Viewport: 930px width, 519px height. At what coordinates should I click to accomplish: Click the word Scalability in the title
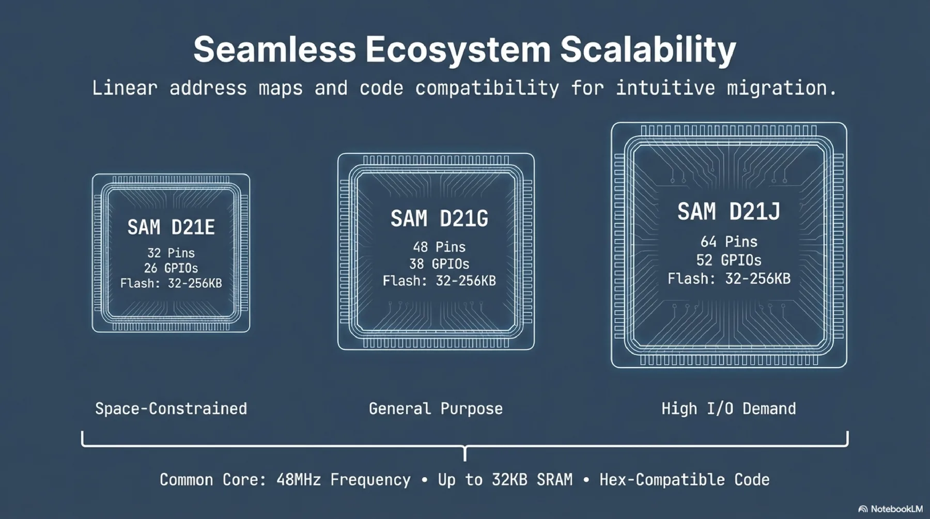[648, 50]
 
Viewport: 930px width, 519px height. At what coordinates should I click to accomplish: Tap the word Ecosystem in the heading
[458, 50]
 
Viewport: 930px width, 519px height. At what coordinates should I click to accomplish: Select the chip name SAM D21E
[171, 228]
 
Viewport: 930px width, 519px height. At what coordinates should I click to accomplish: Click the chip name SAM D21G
[439, 219]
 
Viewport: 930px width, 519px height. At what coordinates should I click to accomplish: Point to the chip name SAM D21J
[729, 212]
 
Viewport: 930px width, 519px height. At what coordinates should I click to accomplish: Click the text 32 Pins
[171, 253]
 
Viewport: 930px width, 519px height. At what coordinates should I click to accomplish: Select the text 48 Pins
[439, 247]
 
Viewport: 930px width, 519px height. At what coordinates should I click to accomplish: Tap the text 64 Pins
[729, 242]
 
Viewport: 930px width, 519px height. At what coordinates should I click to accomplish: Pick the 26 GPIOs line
[171, 268]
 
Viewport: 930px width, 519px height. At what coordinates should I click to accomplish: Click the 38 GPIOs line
[439, 264]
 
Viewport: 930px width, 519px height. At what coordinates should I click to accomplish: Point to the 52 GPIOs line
[729, 260]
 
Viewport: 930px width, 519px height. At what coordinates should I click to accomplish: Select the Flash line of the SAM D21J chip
[729, 279]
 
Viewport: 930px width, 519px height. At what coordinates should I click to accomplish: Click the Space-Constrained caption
[171, 408]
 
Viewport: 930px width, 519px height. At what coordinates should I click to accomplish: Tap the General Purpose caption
[436, 408]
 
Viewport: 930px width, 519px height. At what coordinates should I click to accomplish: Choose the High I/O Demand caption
[729, 408]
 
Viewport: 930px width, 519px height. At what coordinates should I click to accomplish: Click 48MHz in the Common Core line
[298, 480]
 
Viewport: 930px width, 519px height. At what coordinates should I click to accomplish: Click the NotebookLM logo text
[896, 509]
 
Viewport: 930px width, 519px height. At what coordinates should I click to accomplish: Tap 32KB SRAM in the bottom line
[532, 480]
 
